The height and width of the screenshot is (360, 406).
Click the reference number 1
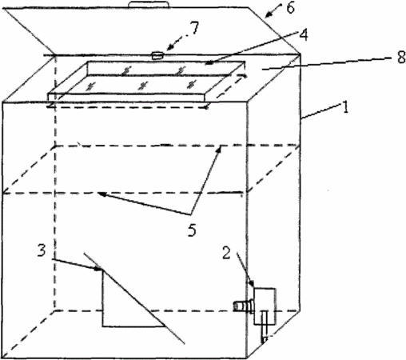click(x=345, y=107)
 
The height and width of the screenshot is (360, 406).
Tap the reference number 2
click(x=226, y=253)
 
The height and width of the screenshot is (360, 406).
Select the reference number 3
click(x=42, y=250)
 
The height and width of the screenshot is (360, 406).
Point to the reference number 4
click(x=303, y=34)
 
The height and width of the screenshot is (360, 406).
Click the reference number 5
click(x=192, y=230)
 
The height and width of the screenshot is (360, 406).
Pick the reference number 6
click(x=290, y=8)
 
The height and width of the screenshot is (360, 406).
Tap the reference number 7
click(x=194, y=28)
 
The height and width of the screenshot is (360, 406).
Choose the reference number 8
click(x=401, y=57)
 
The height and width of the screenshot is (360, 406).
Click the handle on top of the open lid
click(x=149, y=5)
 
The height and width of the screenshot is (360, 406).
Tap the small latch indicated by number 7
click(x=157, y=56)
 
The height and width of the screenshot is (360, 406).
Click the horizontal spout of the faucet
click(x=242, y=306)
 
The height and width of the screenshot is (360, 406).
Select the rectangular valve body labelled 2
click(x=265, y=306)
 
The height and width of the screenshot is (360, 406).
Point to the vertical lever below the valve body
click(x=265, y=326)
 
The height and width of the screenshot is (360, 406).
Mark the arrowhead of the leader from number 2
click(x=251, y=282)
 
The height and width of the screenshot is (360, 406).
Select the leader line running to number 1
click(x=321, y=111)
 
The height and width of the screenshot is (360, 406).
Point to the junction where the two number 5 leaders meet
click(x=191, y=214)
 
